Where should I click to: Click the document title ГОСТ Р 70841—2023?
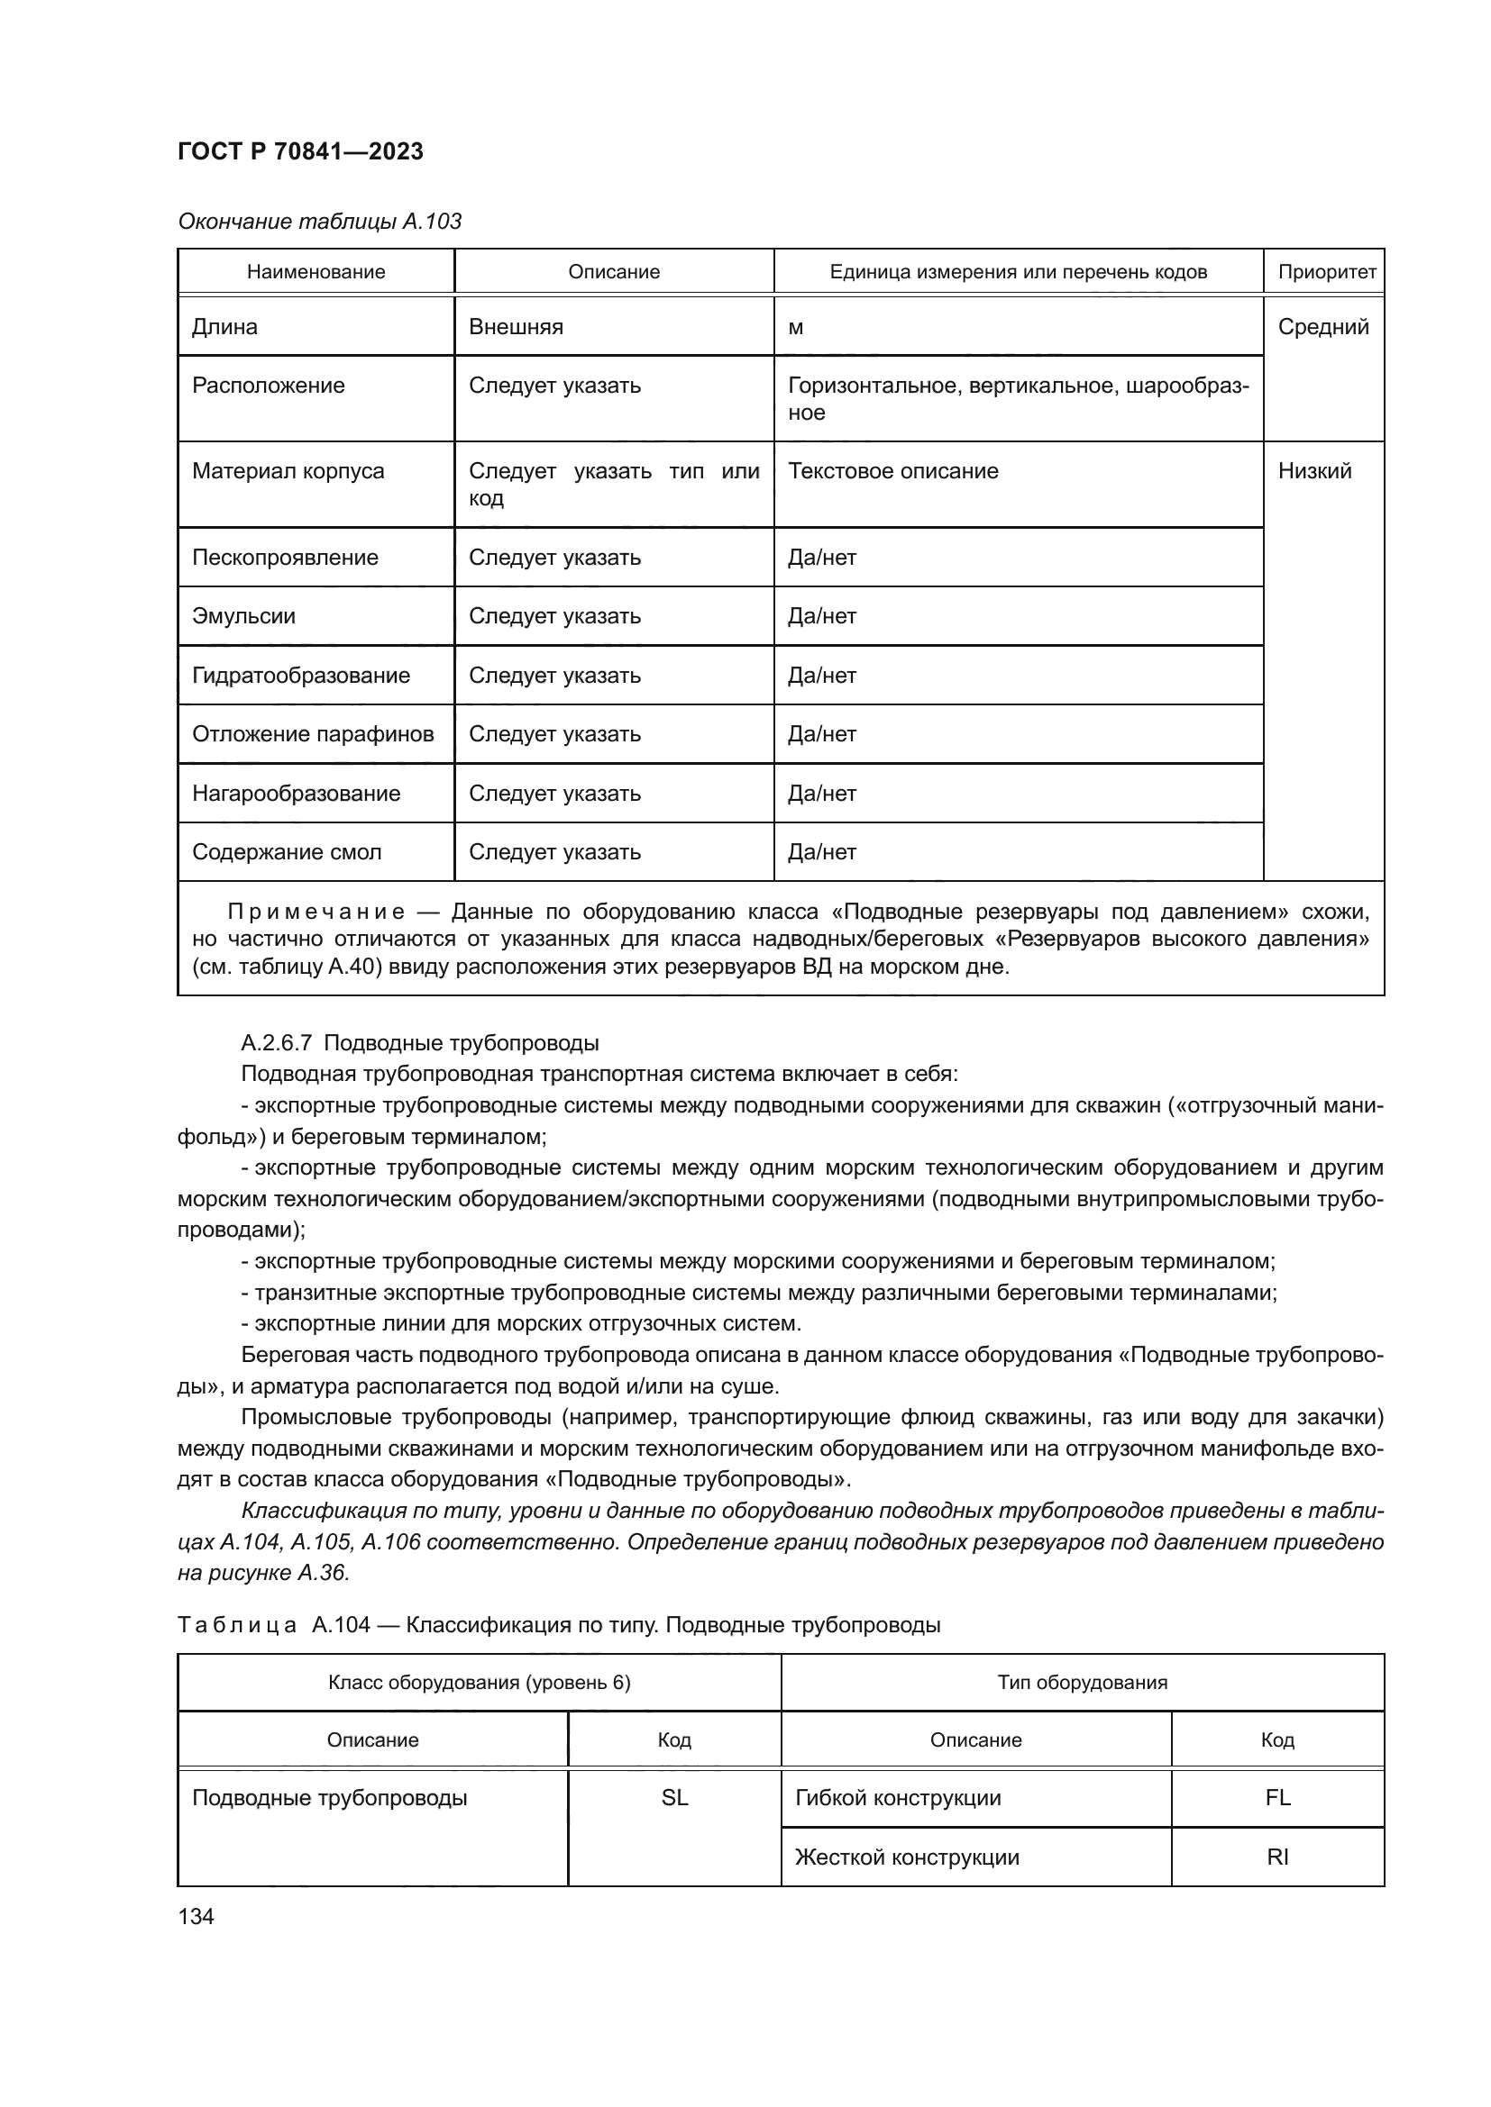[x=300, y=151]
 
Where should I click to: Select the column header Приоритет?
[x=1326, y=272]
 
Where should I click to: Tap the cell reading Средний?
[x=1322, y=327]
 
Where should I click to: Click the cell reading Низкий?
[x=1313, y=471]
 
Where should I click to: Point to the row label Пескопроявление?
[x=285, y=557]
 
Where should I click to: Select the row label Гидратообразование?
[x=300, y=676]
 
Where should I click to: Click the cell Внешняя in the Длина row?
[x=515, y=327]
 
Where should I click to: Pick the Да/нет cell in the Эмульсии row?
[x=822, y=616]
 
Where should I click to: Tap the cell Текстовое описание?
[x=892, y=471]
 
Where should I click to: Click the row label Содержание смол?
[x=287, y=851]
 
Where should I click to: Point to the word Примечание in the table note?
[x=316, y=912]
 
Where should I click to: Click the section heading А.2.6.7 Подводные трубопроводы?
[x=419, y=1042]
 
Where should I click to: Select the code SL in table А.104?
[x=674, y=1798]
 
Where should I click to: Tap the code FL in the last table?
[x=1277, y=1798]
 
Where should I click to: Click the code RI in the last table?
[x=1277, y=1857]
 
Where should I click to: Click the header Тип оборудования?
[x=1082, y=1682]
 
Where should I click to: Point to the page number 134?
[x=196, y=1916]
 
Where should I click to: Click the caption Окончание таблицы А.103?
[x=319, y=222]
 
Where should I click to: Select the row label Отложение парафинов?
[x=312, y=734]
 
